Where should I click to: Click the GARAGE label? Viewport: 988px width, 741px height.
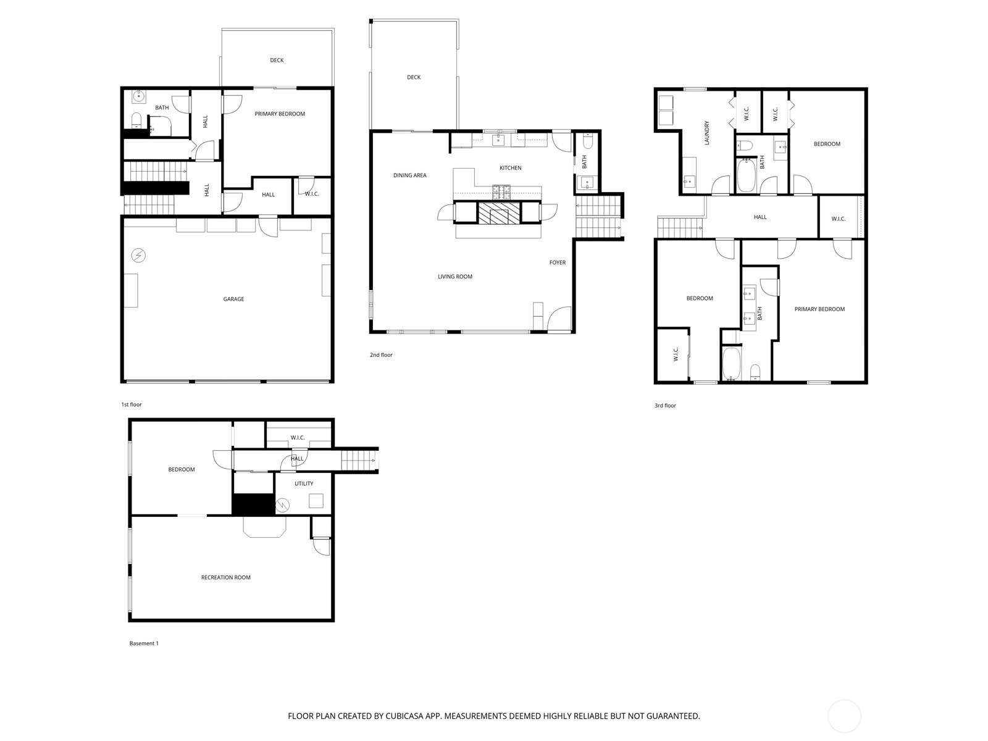click(233, 299)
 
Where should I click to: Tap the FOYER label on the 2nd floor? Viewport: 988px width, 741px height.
click(557, 263)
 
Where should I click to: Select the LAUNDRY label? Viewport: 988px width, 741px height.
click(706, 133)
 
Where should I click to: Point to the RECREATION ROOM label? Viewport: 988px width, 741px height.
click(225, 578)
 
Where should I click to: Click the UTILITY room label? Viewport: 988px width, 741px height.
click(304, 484)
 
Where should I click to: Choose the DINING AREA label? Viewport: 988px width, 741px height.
click(409, 175)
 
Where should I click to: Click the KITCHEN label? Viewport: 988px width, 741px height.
click(511, 168)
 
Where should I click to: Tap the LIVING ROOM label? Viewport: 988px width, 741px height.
click(455, 277)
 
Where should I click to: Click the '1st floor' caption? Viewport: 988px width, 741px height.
click(132, 404)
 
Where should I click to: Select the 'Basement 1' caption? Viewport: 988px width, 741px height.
click(144, 643)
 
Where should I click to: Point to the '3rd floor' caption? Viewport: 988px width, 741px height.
click(665, 405)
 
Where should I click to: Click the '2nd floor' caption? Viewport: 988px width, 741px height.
click(381, 355)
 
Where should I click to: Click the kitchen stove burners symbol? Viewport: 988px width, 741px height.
click(502, 192)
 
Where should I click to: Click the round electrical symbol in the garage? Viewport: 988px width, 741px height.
click(138, 256)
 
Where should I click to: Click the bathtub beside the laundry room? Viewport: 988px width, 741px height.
click(747, 175)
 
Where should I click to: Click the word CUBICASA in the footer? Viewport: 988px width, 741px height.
click(404, 716)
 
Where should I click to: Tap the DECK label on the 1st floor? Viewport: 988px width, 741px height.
click(277, 61)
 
